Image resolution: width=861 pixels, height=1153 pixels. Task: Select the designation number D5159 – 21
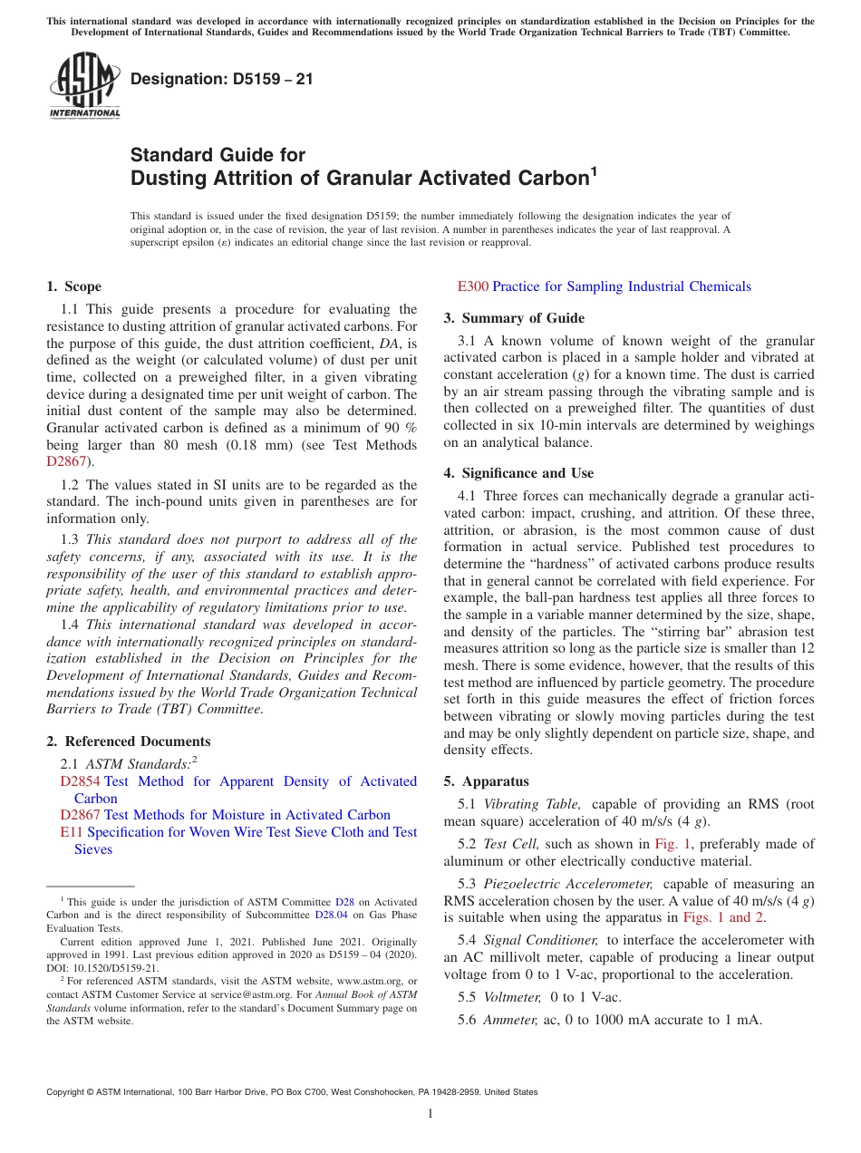click(222, 79)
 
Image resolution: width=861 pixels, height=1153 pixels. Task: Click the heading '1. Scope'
click(74, 286)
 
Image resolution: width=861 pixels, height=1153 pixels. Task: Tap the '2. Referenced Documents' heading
click(129, 741)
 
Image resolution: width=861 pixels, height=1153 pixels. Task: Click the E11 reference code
click(72, 832)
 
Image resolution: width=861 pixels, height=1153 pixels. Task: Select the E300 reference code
click(473, 286)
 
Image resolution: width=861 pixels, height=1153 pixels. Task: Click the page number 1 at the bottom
click(430, 1113)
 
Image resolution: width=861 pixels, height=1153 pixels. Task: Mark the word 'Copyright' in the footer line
click(66, 1092)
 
